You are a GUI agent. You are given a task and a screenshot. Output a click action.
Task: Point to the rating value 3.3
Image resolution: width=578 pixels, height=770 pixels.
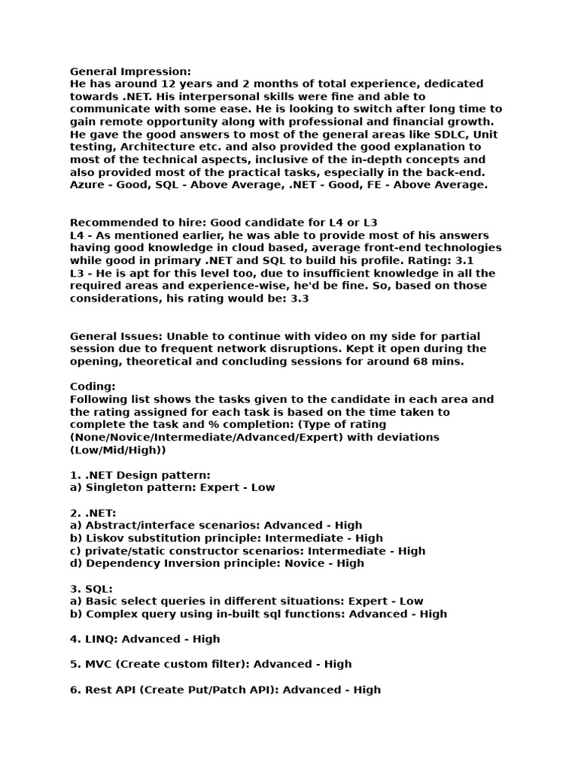point(297,299)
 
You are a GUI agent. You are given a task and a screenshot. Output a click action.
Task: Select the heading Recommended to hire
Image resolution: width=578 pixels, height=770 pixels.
point(137,223)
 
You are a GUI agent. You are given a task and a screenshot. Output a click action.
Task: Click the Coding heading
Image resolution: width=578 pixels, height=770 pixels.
point(93,387)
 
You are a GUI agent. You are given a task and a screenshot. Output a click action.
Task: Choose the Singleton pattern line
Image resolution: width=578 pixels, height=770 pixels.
point(172,487)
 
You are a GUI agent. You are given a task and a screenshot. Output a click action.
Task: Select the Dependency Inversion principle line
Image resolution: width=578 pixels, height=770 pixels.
point(217,563)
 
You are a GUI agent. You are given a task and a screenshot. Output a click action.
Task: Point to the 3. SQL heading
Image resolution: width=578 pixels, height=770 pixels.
point(91,589)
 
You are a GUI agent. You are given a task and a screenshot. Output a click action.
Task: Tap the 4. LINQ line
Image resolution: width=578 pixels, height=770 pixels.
point(144,639)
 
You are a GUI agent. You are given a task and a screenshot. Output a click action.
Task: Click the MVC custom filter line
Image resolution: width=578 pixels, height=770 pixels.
point(211,664)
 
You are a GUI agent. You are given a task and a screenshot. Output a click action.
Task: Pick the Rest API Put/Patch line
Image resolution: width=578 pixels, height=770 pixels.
point(225,690)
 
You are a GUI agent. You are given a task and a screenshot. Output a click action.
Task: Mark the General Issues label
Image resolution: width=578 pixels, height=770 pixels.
point(116,336)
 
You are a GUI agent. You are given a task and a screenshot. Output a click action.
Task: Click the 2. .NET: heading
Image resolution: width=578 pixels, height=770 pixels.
point(93,513)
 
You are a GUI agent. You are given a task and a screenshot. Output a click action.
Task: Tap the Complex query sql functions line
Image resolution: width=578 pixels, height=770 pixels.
point(258,614)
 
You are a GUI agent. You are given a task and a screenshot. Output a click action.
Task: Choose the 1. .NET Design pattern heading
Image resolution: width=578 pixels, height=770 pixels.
point(140,475)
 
